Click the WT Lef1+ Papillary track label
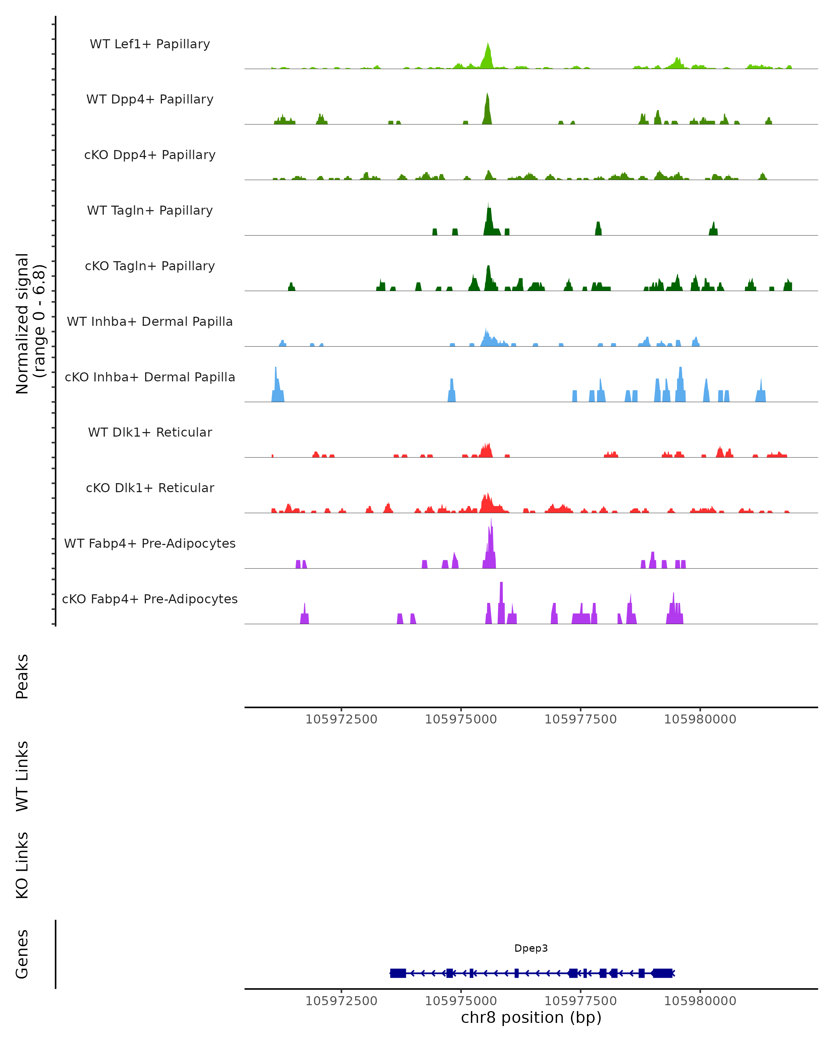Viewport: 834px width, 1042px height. (150, 44)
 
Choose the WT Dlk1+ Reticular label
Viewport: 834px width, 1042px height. (150, 432)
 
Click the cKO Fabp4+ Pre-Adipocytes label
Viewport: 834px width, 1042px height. (150, 599)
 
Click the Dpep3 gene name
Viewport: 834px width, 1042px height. (531, 948)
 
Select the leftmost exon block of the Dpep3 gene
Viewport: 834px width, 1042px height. (398, 973)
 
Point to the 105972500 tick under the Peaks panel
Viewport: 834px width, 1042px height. (341, 719)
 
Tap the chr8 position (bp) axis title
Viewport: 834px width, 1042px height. (531, 1018)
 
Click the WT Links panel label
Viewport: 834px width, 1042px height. (22, 776)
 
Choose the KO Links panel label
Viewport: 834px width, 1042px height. (22, 866)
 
